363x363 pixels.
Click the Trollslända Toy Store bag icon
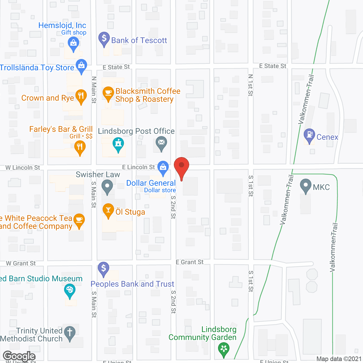[x=81, y=66]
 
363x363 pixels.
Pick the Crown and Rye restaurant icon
[x=81, y=96]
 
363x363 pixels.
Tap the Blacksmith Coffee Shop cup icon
[x=108, y=93]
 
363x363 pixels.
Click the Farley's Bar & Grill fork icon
[x=80, y=147]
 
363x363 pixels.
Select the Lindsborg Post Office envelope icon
[x=161, y=142]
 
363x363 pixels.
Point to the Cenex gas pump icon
[x=309, y=135]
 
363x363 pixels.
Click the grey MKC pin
[x=306, y=185]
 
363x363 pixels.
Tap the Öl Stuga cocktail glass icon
[x=108, y=210]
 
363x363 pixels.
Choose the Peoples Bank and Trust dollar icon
[x=104, y=268]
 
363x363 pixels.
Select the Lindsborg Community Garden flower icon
[x=224, y=349]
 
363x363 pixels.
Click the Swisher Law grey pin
[x=107, y=187]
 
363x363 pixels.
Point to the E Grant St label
[x=189, y=262]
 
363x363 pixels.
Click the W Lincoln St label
[x=23, y=168]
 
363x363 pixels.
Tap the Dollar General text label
[x=151, y=183]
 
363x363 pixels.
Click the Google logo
[x=19, y=356]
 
